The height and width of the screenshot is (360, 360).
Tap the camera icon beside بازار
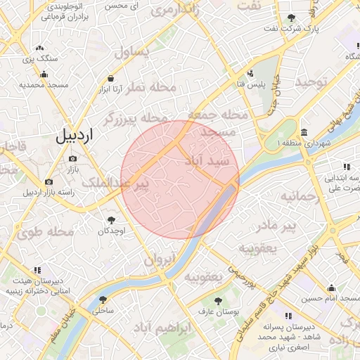73,159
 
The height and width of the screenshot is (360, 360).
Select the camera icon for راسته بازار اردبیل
49,181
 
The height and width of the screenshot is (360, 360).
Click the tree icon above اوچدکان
111,220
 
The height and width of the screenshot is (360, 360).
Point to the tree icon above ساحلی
103,299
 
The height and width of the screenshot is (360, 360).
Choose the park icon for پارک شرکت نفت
292,18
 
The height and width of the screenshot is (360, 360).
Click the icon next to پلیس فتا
250,73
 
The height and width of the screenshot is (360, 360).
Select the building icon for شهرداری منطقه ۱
303,133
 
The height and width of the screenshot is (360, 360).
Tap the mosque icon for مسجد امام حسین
331,288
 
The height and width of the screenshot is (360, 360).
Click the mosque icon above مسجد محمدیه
45,74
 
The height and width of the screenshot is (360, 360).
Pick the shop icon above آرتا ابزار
111,79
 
